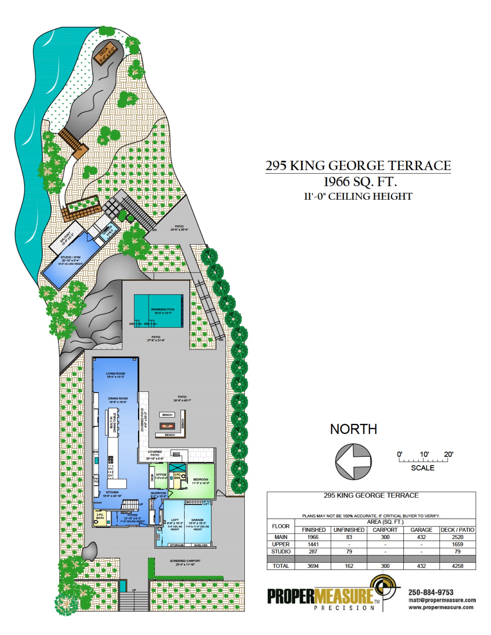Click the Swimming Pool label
(x=163, y=311)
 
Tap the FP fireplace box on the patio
(x=167, y=426)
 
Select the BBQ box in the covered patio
(x=176, y=454)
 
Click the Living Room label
(x=116, y=375)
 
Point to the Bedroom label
(x=201, y=481)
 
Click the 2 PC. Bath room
(x=100, y=516)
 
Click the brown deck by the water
(x=105, y=53)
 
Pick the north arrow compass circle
(x=353, y=461)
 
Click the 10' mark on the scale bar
(x=424, y=454)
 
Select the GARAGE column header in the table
(x=421, y=530)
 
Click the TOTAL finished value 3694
(x=313, y=566)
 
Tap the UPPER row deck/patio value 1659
(x=457, y=544)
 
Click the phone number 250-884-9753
(x=431, y=592)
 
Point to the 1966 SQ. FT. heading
(x=360, y=182)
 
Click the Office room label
(x=161, y=475)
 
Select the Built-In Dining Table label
(x=113, y=422)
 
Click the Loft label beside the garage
(x=175, y=520)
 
